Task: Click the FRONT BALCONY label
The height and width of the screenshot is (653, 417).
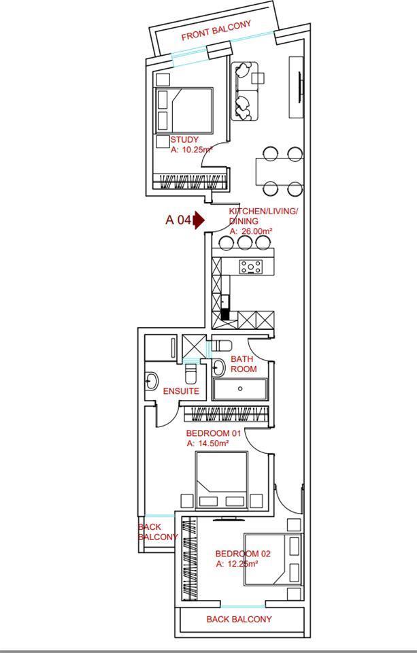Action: coord(216,31)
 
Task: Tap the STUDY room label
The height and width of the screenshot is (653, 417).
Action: coord(184,139)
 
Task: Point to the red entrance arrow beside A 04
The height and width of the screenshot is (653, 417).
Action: coord(199,220)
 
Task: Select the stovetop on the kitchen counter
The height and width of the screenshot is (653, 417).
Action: coord(251,267)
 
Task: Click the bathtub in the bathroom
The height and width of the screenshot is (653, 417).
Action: coord(239,389)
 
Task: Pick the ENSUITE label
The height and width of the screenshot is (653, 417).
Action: coord(181,392)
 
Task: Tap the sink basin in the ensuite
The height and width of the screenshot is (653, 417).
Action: coord(151,380)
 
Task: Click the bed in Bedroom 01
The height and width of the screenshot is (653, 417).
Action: coord(222,480)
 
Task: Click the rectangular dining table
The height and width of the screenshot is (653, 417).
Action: coord(279,171)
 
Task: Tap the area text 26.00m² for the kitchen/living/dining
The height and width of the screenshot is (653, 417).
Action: coord(251,231)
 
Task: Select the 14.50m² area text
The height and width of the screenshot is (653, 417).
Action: coord(208,444)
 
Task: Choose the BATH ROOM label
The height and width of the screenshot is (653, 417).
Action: coord(244,364)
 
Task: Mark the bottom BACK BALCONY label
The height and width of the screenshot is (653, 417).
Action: coord(239,619)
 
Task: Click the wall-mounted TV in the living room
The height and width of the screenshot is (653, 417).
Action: coord(300,88)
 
